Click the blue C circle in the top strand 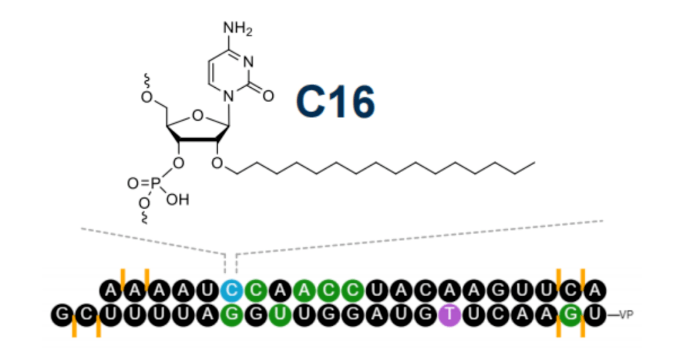(x=231, y=290)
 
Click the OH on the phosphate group (x=177, y=200)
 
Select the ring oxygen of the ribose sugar (x=198, y=115)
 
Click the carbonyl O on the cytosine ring (x=269, y=96)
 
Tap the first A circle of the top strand (x=110, y=290)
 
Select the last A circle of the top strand (x=595, y=290)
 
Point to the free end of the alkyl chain (x=534, y=164)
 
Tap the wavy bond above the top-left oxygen (x=146, y=80)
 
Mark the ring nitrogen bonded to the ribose (x=230, y=96)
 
